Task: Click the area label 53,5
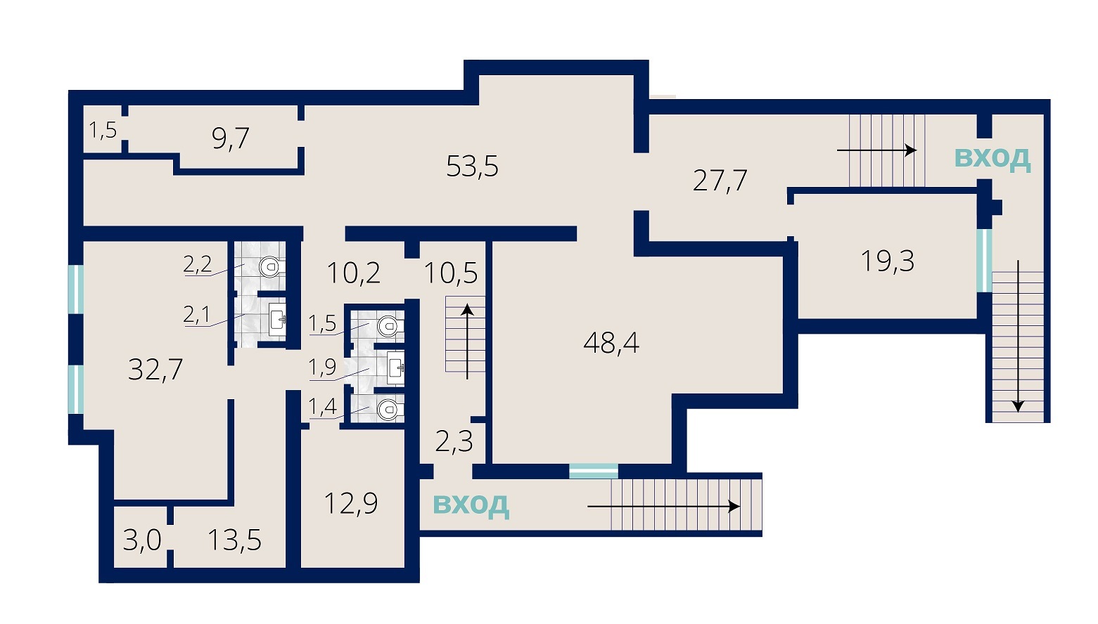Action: (x=472, y=166)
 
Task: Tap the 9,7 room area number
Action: (x=231, y=138)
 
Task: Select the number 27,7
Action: (x=720, y=181)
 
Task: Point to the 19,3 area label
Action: (x=887, y=261)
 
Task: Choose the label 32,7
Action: (x=155, y=370)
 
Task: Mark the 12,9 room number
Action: (x=351, y=504)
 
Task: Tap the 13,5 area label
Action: (x=234, y=540)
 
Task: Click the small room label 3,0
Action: (x=141, y=541)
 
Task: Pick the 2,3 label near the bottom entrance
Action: (x=454, y=442)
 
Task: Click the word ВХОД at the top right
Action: (x=992, y=158)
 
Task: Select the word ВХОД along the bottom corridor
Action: (x=471, y=505)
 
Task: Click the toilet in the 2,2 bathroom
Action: (x=270, y=267)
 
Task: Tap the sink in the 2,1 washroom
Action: (x=277, y=319)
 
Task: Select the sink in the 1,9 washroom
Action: (x=396, y=368)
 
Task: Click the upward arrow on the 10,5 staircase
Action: (x=468, y=342)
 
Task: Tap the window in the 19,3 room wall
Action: (x=984, y=261)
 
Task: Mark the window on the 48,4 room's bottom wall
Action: (x=594, y=472)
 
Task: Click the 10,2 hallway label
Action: (x=353, y=273)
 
